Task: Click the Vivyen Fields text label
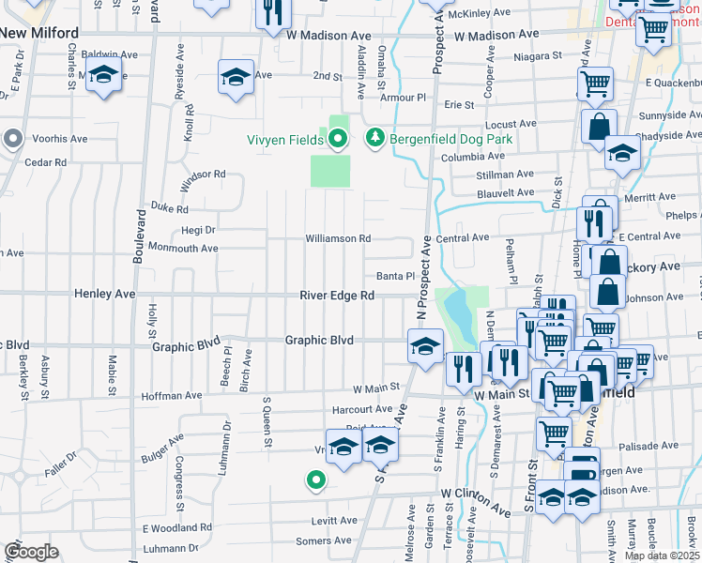coord(286,140)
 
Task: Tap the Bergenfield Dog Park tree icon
coord(375,138)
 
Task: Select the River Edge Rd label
coord(338,295)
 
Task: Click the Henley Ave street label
coord(104,295)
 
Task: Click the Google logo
coord(31,552)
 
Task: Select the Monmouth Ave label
coord(185,249)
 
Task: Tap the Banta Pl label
coord(395,276)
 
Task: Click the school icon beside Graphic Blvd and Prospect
coord(425,346)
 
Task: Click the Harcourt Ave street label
coord(362,409)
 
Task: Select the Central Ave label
coord(463,238)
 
